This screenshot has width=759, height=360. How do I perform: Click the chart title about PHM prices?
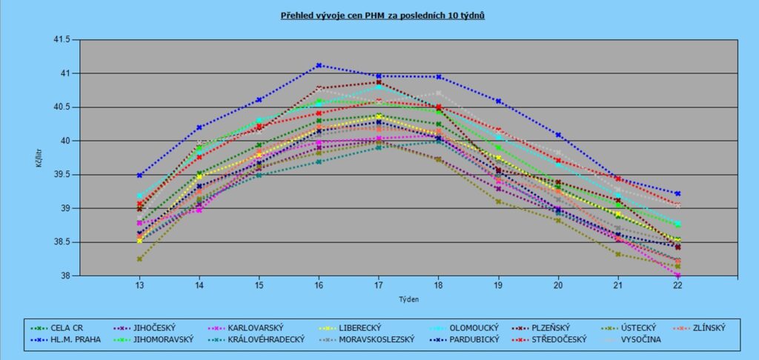(x=383, y=15)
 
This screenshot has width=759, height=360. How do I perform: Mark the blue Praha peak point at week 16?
(x=319, y=65)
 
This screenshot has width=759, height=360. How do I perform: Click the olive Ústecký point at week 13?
(x=139, y=259)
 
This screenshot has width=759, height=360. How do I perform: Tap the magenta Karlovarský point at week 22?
(x=677, y=275)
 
